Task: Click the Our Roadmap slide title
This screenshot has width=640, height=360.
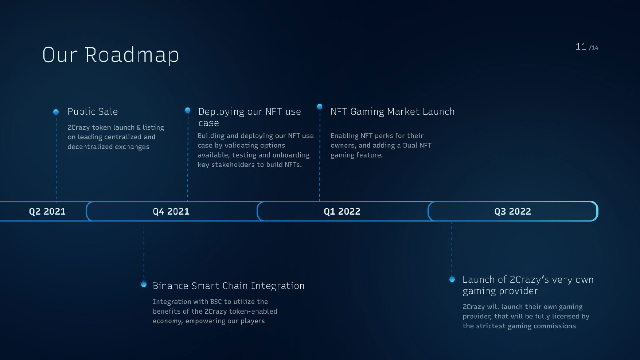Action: coord(110,55)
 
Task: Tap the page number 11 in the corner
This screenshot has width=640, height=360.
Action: coord(581,47)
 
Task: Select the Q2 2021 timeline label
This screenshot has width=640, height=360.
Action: coord(47,211)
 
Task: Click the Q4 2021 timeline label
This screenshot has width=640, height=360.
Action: coord(171,211)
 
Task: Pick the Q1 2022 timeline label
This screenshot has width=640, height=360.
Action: coord(342,211)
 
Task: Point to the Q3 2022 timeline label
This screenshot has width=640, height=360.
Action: coord(512,211)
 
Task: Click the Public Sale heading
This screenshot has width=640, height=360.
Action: coord(93,111)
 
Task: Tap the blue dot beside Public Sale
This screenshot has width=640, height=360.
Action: coord(56,112)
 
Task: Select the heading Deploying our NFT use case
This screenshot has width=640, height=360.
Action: coord(250,117)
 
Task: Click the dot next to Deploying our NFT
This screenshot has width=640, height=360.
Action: coord(188,110)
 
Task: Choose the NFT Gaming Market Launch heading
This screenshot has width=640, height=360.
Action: coord(393,111)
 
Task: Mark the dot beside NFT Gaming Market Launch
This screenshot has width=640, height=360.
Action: coord(320,106)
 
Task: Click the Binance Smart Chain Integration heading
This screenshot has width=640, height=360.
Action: coord(229,286)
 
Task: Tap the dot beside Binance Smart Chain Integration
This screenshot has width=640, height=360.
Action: coord(144,284)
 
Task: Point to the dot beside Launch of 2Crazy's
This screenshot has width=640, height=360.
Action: coord(452,279)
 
